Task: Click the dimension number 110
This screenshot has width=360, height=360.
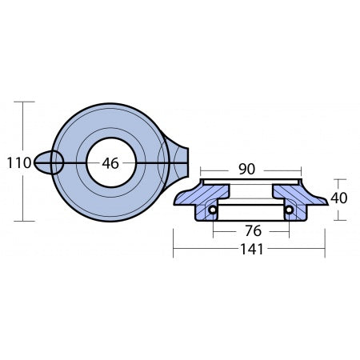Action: (18, 163)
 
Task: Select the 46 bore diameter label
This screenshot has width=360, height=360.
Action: (110, 163)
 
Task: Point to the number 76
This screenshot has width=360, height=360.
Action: (252, 232)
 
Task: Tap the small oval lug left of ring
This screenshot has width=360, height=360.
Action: (49, 163)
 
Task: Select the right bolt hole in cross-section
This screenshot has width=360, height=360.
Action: (288, 211)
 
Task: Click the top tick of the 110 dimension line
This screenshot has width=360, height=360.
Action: (24, 102)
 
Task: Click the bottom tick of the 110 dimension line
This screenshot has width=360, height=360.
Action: (24, 221)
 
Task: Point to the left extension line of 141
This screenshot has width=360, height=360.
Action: (174, 240)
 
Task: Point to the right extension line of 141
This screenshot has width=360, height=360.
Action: (325, 240)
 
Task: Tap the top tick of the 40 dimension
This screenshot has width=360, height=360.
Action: (340, 179)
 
